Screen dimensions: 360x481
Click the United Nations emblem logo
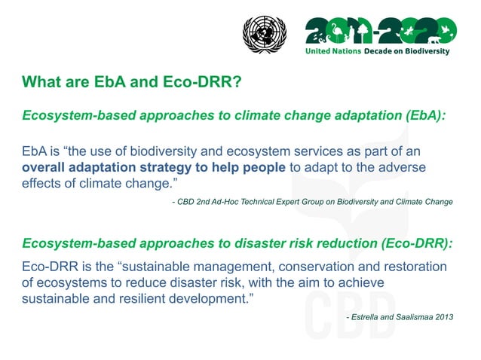[x=265, y=35]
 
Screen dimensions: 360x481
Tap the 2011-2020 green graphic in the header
[x=380, y=31]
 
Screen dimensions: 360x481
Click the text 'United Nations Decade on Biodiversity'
[x=376, y=51]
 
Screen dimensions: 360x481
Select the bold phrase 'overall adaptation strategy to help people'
[x=154, y=166]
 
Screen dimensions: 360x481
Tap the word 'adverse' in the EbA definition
[x=403, y=166]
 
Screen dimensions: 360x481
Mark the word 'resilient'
[x=139, y=297]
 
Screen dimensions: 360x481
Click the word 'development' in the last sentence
[x=206, y=297]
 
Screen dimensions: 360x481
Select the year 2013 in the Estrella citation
[x=444, y=317]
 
